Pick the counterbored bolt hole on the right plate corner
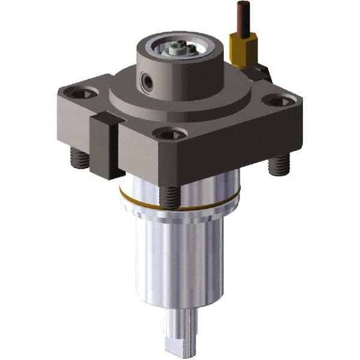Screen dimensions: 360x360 tap(277, 101)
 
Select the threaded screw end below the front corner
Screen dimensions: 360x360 tap(169, 197)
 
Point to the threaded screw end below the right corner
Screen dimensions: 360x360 tap(278, 164)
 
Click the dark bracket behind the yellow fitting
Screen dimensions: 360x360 tap(262, 73)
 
